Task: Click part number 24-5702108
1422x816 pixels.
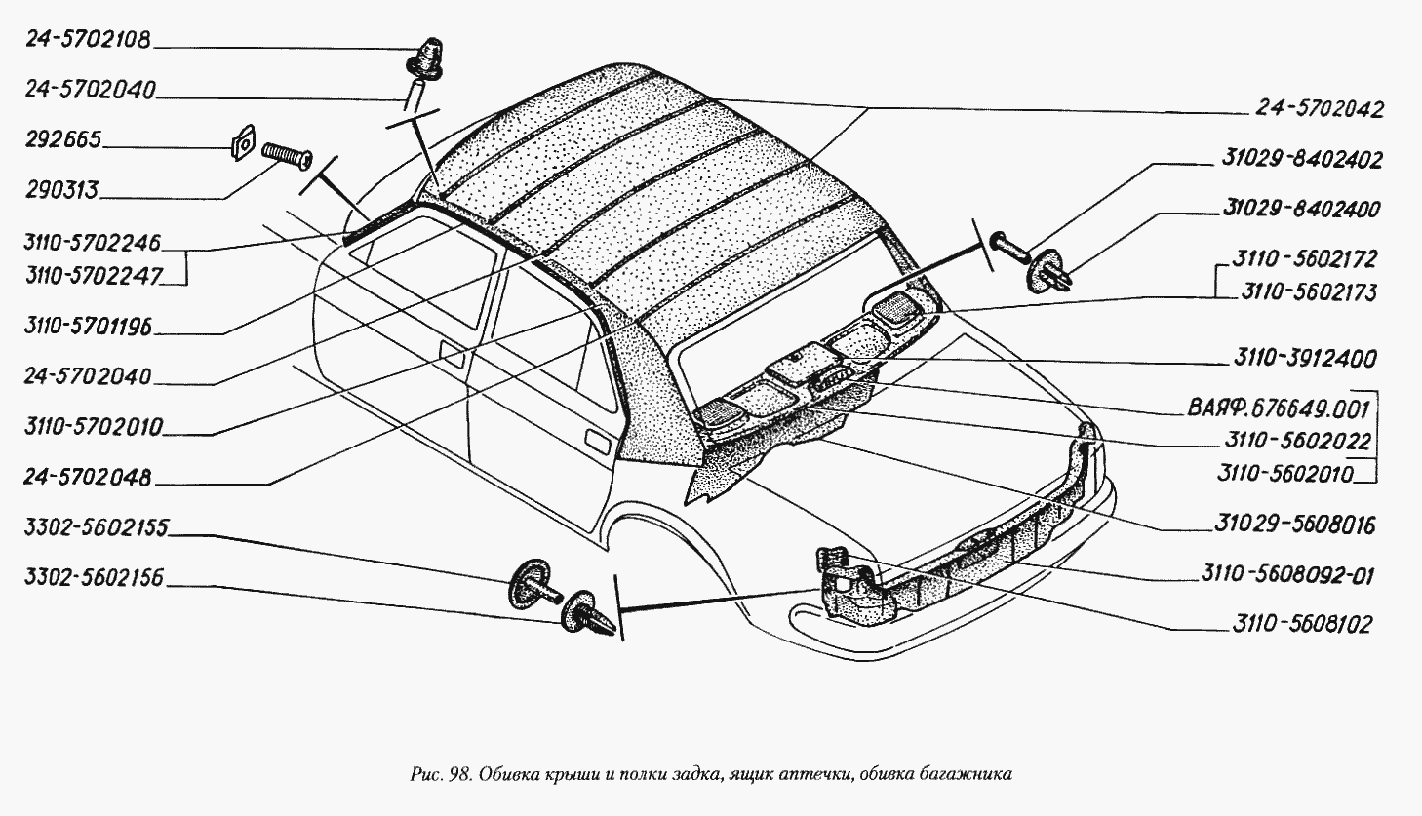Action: pyautogui.click(x=88, y=40)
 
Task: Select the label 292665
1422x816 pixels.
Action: pyautogui.click(x=63, y=139)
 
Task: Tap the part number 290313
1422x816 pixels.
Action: pyautogui.click(x=62, y=190)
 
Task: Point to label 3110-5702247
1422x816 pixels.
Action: pyautogui.click(x=94, y=277)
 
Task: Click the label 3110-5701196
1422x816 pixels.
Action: pyautogui.click(x=88, y=327)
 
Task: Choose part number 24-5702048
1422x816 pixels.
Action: pyautogui.click(x=88, y=477)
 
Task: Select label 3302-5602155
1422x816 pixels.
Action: pyautogui.click(x=97, y=528)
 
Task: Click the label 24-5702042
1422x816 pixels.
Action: pyautogui.click(x=1320, y=109)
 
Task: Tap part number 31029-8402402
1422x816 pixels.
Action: pyautogui.click(x=1301, y=159)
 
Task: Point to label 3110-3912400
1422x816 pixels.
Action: pyautogui.click(x=1305, y=359)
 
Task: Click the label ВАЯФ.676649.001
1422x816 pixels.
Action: pyautogui.click(x=1279, y=408)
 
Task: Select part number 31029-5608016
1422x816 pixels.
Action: pyautogui.click(x=1295, y=525)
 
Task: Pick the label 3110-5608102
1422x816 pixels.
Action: pyautogui.click(x=1303, y=624)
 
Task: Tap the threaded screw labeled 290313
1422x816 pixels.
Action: pyautogui.click(x=287, y=155)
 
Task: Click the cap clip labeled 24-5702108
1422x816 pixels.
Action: pyautogui.click(x=425, y=58)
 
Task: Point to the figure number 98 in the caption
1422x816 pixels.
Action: pyautogui.click(x=459, y=774)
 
